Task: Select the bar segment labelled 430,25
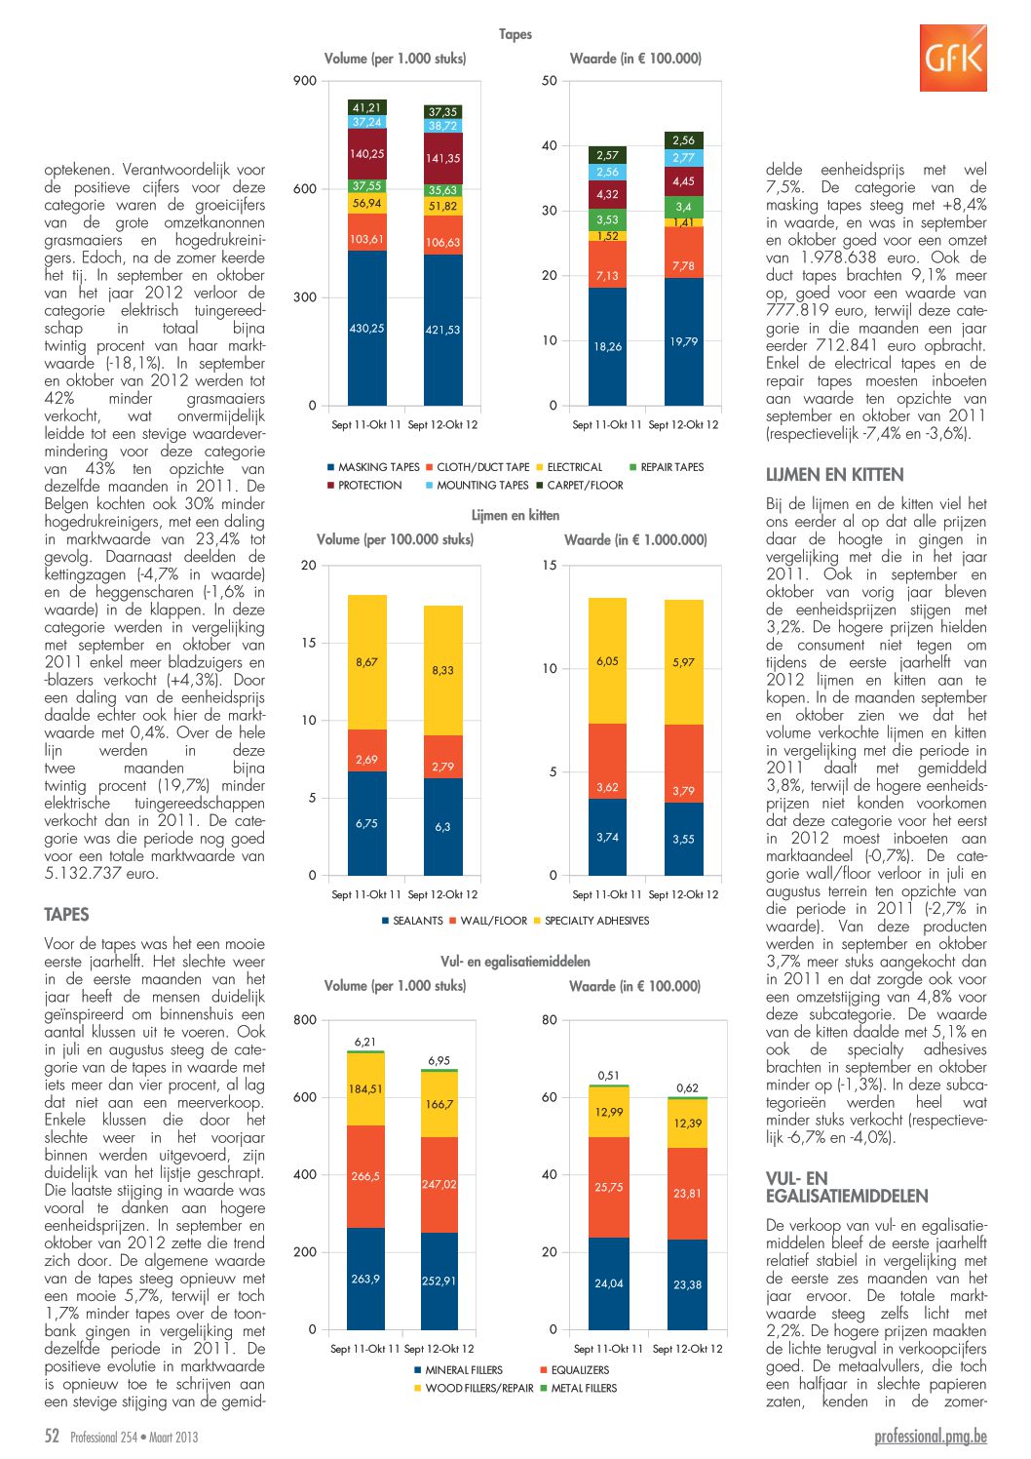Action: [x=367, y=328]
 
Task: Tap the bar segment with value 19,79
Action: [x=683, y=341]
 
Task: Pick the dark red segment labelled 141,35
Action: [x=442, y=158]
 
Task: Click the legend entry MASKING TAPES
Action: [x=373, y=467]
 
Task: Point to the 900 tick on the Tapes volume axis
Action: [x=305, y=81]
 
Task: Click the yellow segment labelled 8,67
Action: [x=367, y=662]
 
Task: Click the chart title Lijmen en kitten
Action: [x=515, y=515]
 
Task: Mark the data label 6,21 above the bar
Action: [x=365, y=1042]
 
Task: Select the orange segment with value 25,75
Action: [x=609, y=1187]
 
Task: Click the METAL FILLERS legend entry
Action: [x=579, y=1388]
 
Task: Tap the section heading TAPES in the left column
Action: [x=66, y=915]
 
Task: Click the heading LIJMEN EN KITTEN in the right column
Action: [x=834, y=475]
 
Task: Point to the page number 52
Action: [x=52, y=1436]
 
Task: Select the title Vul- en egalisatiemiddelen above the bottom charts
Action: [x=515, y=962]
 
